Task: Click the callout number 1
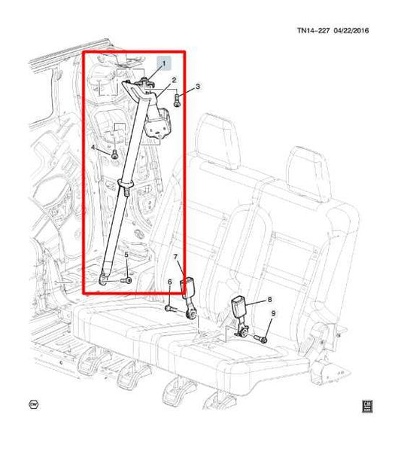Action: pyautogui.click(x=164, y=63)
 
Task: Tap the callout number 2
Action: pyautogui.click(x=174, y=80)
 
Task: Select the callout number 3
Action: pyautogui.click(x=198, y=87)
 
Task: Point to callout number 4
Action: pyautogui.click(x=93, y=147)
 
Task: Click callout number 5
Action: pyautogui.click(x=126, y=255)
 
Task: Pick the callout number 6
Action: pyautogui.click(x=169, y=282)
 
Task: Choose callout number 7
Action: pyautogui.click(x=175, y=257)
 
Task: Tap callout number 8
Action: pyautogui.click(x=269, y=300)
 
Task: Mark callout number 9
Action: pyautogui.click(x=273, y=313)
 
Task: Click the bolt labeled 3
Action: pyautogui.click(x=177, y=99)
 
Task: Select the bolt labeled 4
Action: pyautogui.click(x=114, y=154)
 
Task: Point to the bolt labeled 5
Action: pyautogui.click(x=126, y=280)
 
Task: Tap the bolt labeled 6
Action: pyautogui.click(x=170, y=309)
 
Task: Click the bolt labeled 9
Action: pyautogui.click(x=261, y=338)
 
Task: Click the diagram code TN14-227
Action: pyautogui.click(x=313, y=30)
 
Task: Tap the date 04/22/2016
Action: pyautogui.click(x=351, y=30)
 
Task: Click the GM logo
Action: pyautogui.click(x=367, y=406)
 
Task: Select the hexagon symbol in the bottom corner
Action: pyautogui.click(x=34, y=404)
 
